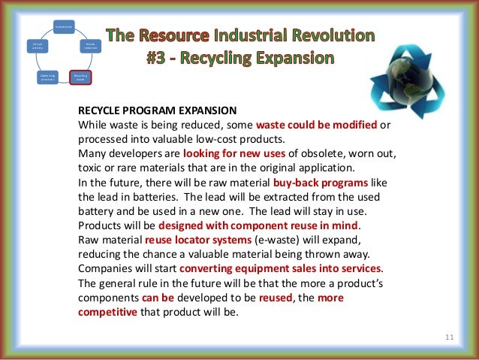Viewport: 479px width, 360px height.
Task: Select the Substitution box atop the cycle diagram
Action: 63,26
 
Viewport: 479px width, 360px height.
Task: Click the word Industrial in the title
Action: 248,35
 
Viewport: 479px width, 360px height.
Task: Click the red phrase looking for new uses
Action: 230,154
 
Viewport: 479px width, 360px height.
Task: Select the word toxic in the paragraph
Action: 90,168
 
